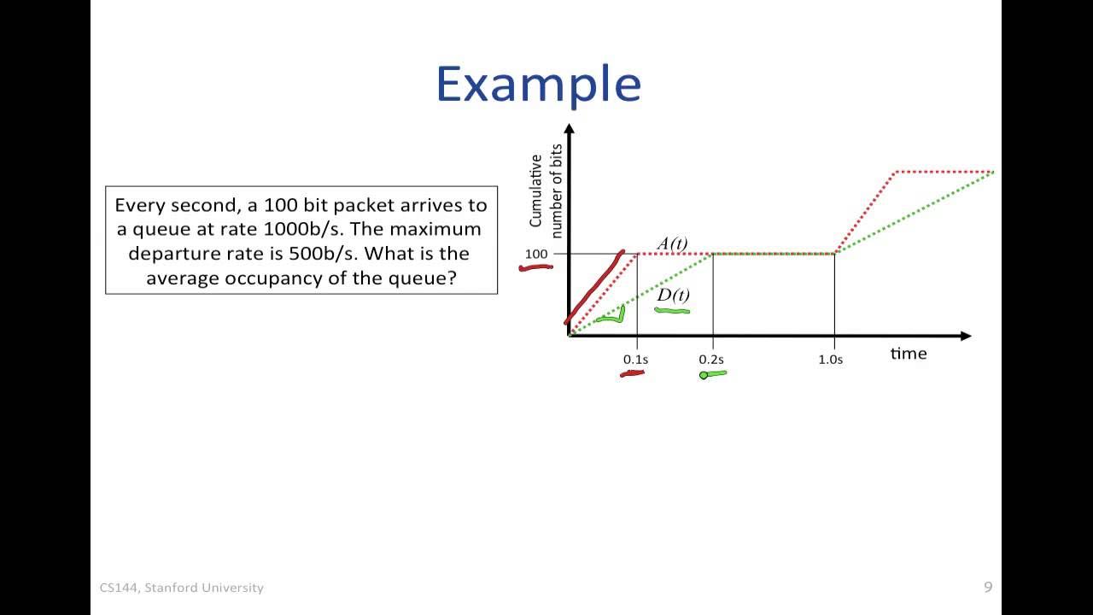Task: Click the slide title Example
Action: [x=538, y=85]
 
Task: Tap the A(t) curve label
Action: [x=672, y=243]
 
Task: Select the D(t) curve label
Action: [x=673, y=296]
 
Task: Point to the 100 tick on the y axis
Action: [x=536, y=255]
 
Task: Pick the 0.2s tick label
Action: [x=710, y=360]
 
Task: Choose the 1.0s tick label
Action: [x=830, y=360]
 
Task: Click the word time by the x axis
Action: [x=908, y=354]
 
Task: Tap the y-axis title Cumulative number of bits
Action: [x=544, y=190]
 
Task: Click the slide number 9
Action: [x=988, y=587]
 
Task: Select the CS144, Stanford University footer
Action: [x=182, y=588]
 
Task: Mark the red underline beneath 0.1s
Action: [x=632, y=373]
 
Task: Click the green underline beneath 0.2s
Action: [x=713, y=373]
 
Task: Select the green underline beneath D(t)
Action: [x=672, y=311]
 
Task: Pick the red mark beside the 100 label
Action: [x=535, y=267]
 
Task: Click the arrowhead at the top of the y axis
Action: [x=570, y=130]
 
